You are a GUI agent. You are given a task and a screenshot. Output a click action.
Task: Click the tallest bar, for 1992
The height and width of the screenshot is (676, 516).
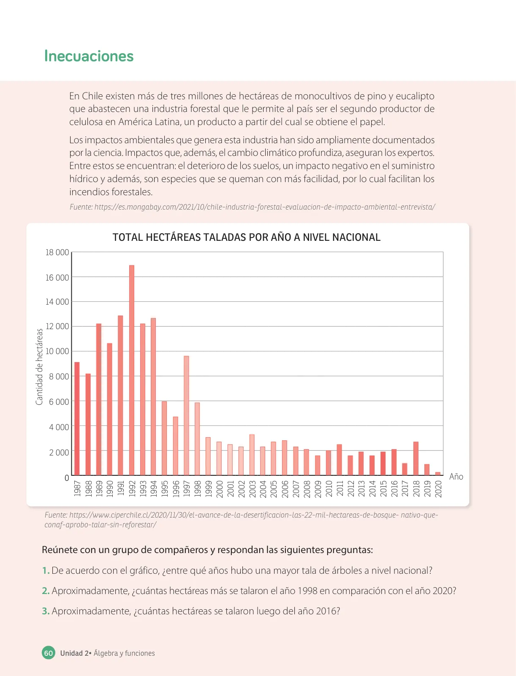click(x=132, y=370)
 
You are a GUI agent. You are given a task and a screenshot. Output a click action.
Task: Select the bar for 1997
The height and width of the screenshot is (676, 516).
click(x=186, y=415)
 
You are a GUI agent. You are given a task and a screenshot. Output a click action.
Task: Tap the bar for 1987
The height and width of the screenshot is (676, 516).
click(x=77, y=419)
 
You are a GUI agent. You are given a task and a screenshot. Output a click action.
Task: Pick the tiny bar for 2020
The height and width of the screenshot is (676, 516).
click(x=438, y=474)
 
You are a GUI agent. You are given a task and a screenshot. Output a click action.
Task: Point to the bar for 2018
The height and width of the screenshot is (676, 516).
click(x=416, y=458)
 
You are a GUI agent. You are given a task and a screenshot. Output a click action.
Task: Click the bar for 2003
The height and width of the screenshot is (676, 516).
click(x=252, y=455)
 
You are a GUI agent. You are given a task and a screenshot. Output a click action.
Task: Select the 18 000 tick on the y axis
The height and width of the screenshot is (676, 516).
click(x=57, y=253)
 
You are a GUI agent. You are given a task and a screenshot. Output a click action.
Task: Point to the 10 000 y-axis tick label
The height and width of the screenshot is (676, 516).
click(x=57, y=352)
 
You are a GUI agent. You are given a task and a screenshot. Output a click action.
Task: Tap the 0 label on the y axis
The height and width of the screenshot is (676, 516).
click(x=66, y=478)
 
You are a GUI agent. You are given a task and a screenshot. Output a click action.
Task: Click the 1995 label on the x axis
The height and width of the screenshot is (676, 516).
click(x=165, y=489)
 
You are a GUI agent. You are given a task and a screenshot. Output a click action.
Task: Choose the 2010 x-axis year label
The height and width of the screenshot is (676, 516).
click(x=329, y=489)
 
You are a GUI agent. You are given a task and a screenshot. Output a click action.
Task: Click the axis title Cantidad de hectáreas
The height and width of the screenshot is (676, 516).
click(x=39, y=367)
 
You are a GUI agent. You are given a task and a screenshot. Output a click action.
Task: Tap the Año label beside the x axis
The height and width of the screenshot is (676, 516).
click(x=456, y=477)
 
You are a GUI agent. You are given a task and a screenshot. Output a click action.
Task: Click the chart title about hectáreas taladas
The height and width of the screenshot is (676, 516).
click(x=247, y=237)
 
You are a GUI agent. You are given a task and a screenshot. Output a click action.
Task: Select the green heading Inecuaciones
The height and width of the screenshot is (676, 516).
click(x=89, y=56)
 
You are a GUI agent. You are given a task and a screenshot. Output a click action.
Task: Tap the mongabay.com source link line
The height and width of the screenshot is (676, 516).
click(x=253, y=207)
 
